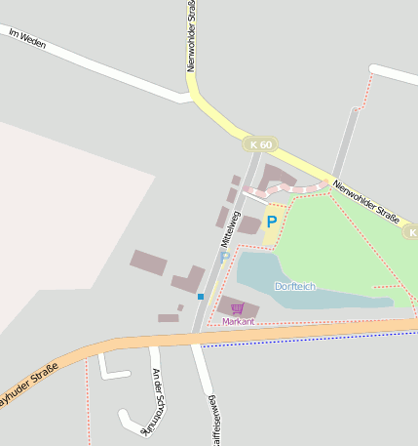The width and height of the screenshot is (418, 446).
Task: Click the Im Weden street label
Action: (x=26, y=39)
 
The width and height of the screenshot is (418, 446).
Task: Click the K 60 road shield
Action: (x=261, y=144)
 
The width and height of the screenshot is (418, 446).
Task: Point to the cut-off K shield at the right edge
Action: (x=411, y=232)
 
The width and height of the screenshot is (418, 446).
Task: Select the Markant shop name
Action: (x=238, y=321)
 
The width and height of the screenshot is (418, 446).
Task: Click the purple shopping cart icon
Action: (x=237, y=308)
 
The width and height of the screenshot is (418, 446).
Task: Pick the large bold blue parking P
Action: (x=272, y=222)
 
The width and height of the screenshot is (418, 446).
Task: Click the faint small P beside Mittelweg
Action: (x=224, y=258)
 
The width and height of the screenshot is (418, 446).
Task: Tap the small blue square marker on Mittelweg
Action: (x=201, y=296)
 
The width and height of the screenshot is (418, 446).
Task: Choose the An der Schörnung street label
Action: (x=156, y=400)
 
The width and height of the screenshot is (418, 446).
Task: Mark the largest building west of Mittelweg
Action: (x=148, y=263)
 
